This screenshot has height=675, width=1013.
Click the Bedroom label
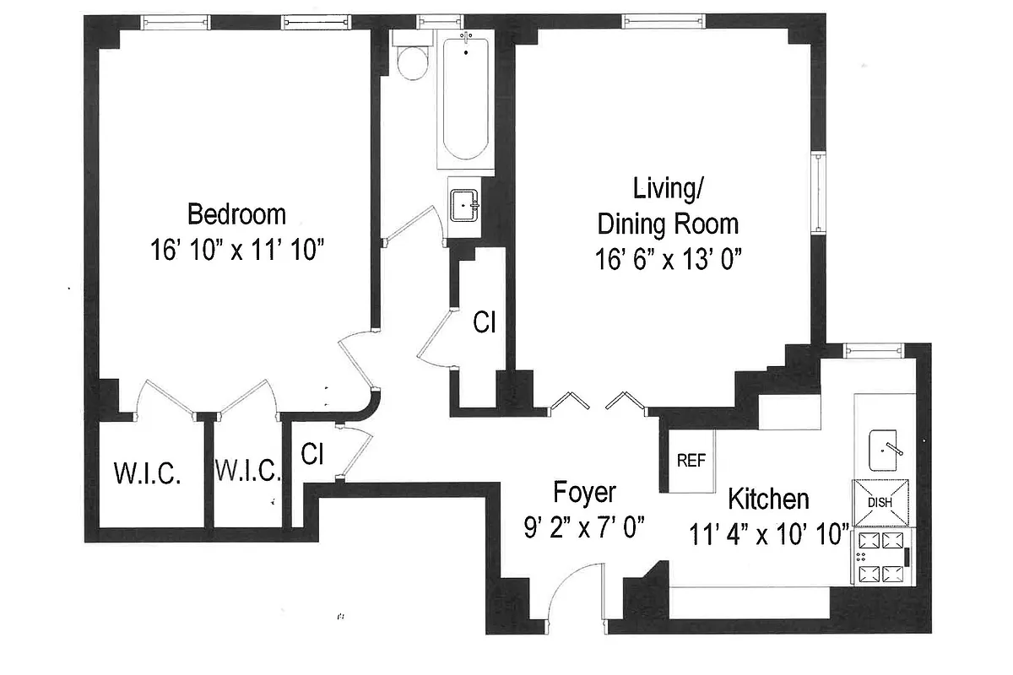(x=236, y=214)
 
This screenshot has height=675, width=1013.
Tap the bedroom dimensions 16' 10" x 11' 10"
(x=236, y=251)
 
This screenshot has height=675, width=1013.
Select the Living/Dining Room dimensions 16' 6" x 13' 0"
(x=667, y=260)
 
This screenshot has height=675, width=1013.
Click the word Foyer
(x=584, y=492)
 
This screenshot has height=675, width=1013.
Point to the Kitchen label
(x=768, y=499)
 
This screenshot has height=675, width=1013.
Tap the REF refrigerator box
(x=691, y=461)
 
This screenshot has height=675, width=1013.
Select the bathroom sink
(x=463, y=204)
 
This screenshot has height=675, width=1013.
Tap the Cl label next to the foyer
(x=312, y=454)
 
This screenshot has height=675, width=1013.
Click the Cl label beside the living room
(x=483, y=323)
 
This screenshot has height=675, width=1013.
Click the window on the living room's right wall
(x=818, y=192)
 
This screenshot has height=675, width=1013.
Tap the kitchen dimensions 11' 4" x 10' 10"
(x=768, y=536)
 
